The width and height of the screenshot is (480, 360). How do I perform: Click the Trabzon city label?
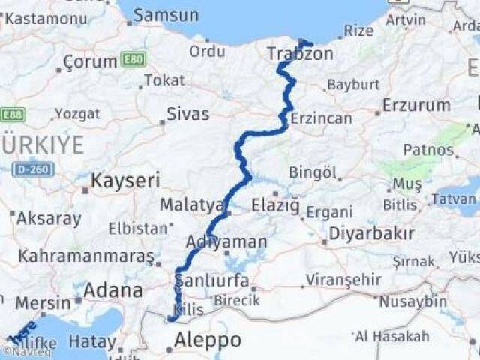[300, 54]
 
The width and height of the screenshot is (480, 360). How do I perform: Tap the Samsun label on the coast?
[166, 15]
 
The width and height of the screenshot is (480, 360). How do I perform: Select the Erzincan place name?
[321, 118]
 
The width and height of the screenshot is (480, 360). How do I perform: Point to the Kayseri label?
[125, 180]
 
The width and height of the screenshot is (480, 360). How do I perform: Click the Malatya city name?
[192, 205]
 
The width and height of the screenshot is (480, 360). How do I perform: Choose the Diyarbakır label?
[370, 232]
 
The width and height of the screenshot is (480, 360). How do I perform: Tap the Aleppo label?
[208, 340]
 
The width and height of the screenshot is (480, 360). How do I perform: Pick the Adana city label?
[113, 290]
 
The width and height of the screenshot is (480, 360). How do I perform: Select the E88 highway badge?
[13, 114]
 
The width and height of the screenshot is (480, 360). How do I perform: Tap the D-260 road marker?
[31, 169]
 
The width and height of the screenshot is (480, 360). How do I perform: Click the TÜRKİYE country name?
[43, 145]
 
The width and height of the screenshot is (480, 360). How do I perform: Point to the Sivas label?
[187, 114]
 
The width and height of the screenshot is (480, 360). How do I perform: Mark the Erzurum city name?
[416, 105]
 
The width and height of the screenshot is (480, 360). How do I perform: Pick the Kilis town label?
[187, 309]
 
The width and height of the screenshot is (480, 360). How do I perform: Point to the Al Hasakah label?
[392, 336]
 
